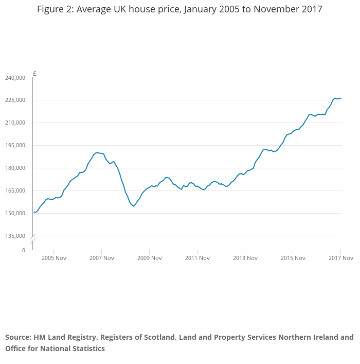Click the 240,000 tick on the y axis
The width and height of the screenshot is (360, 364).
pyautogui.click(x=14, y=78)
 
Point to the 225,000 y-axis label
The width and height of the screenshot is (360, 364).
pyautogui.click(x=14, y=100)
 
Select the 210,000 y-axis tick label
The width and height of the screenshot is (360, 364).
pyautogui.click(x=14, y=123)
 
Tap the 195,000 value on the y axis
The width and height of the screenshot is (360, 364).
pyautogui.click(x=14, y=146)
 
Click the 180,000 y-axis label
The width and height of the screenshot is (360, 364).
pyautogui.click(x=14, y=168)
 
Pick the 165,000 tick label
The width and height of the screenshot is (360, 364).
pyautogui.click(x=14, y=191)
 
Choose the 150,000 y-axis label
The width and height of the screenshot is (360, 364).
pyautogui.click(x=14, y=214)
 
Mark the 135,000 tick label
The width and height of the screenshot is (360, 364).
pyautogui.click(x=14, y=236)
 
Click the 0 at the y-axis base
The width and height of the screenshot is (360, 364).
pyautogui.click(x=23, y=250)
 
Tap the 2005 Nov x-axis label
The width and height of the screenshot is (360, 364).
pyautogui.click(x=54, y=258)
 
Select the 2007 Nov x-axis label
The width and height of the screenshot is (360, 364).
pyautogui.click(x=101, y=258)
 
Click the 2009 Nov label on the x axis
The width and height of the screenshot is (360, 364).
pyautogui.click(x=149, y=258)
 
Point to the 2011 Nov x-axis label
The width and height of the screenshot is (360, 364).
pyautogui.click(x=197, y=258)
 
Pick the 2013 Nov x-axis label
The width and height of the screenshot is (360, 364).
pyautogui.click(x=245, y=258)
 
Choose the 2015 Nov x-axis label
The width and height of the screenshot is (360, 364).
pyautogui.click(x=293, y=258)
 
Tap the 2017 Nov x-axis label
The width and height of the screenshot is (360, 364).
pyautogui.click(x=340, y=258)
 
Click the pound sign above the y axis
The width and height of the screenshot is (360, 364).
pyautogui.click(x=34, y=73)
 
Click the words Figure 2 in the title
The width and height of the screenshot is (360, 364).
pyautogui.click(x=55, y=10)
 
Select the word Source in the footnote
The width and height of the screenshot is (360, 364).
pyautogui.click(x=18, y=338)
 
